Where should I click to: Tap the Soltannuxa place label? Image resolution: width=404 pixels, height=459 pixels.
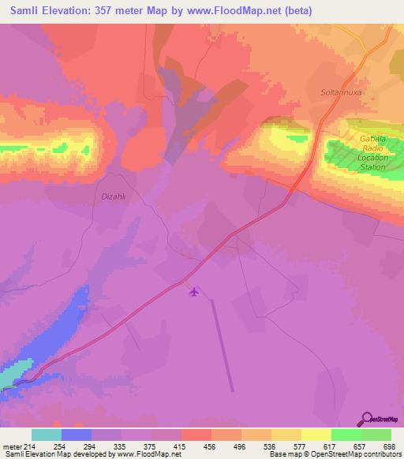342,92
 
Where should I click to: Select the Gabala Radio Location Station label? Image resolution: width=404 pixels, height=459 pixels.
372,153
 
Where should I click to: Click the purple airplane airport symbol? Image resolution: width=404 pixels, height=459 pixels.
194,292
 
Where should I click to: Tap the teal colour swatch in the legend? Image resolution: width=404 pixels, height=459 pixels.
47,435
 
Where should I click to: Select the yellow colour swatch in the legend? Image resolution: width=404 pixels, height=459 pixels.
316,435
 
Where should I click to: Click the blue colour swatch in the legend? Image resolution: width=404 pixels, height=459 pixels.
77,435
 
